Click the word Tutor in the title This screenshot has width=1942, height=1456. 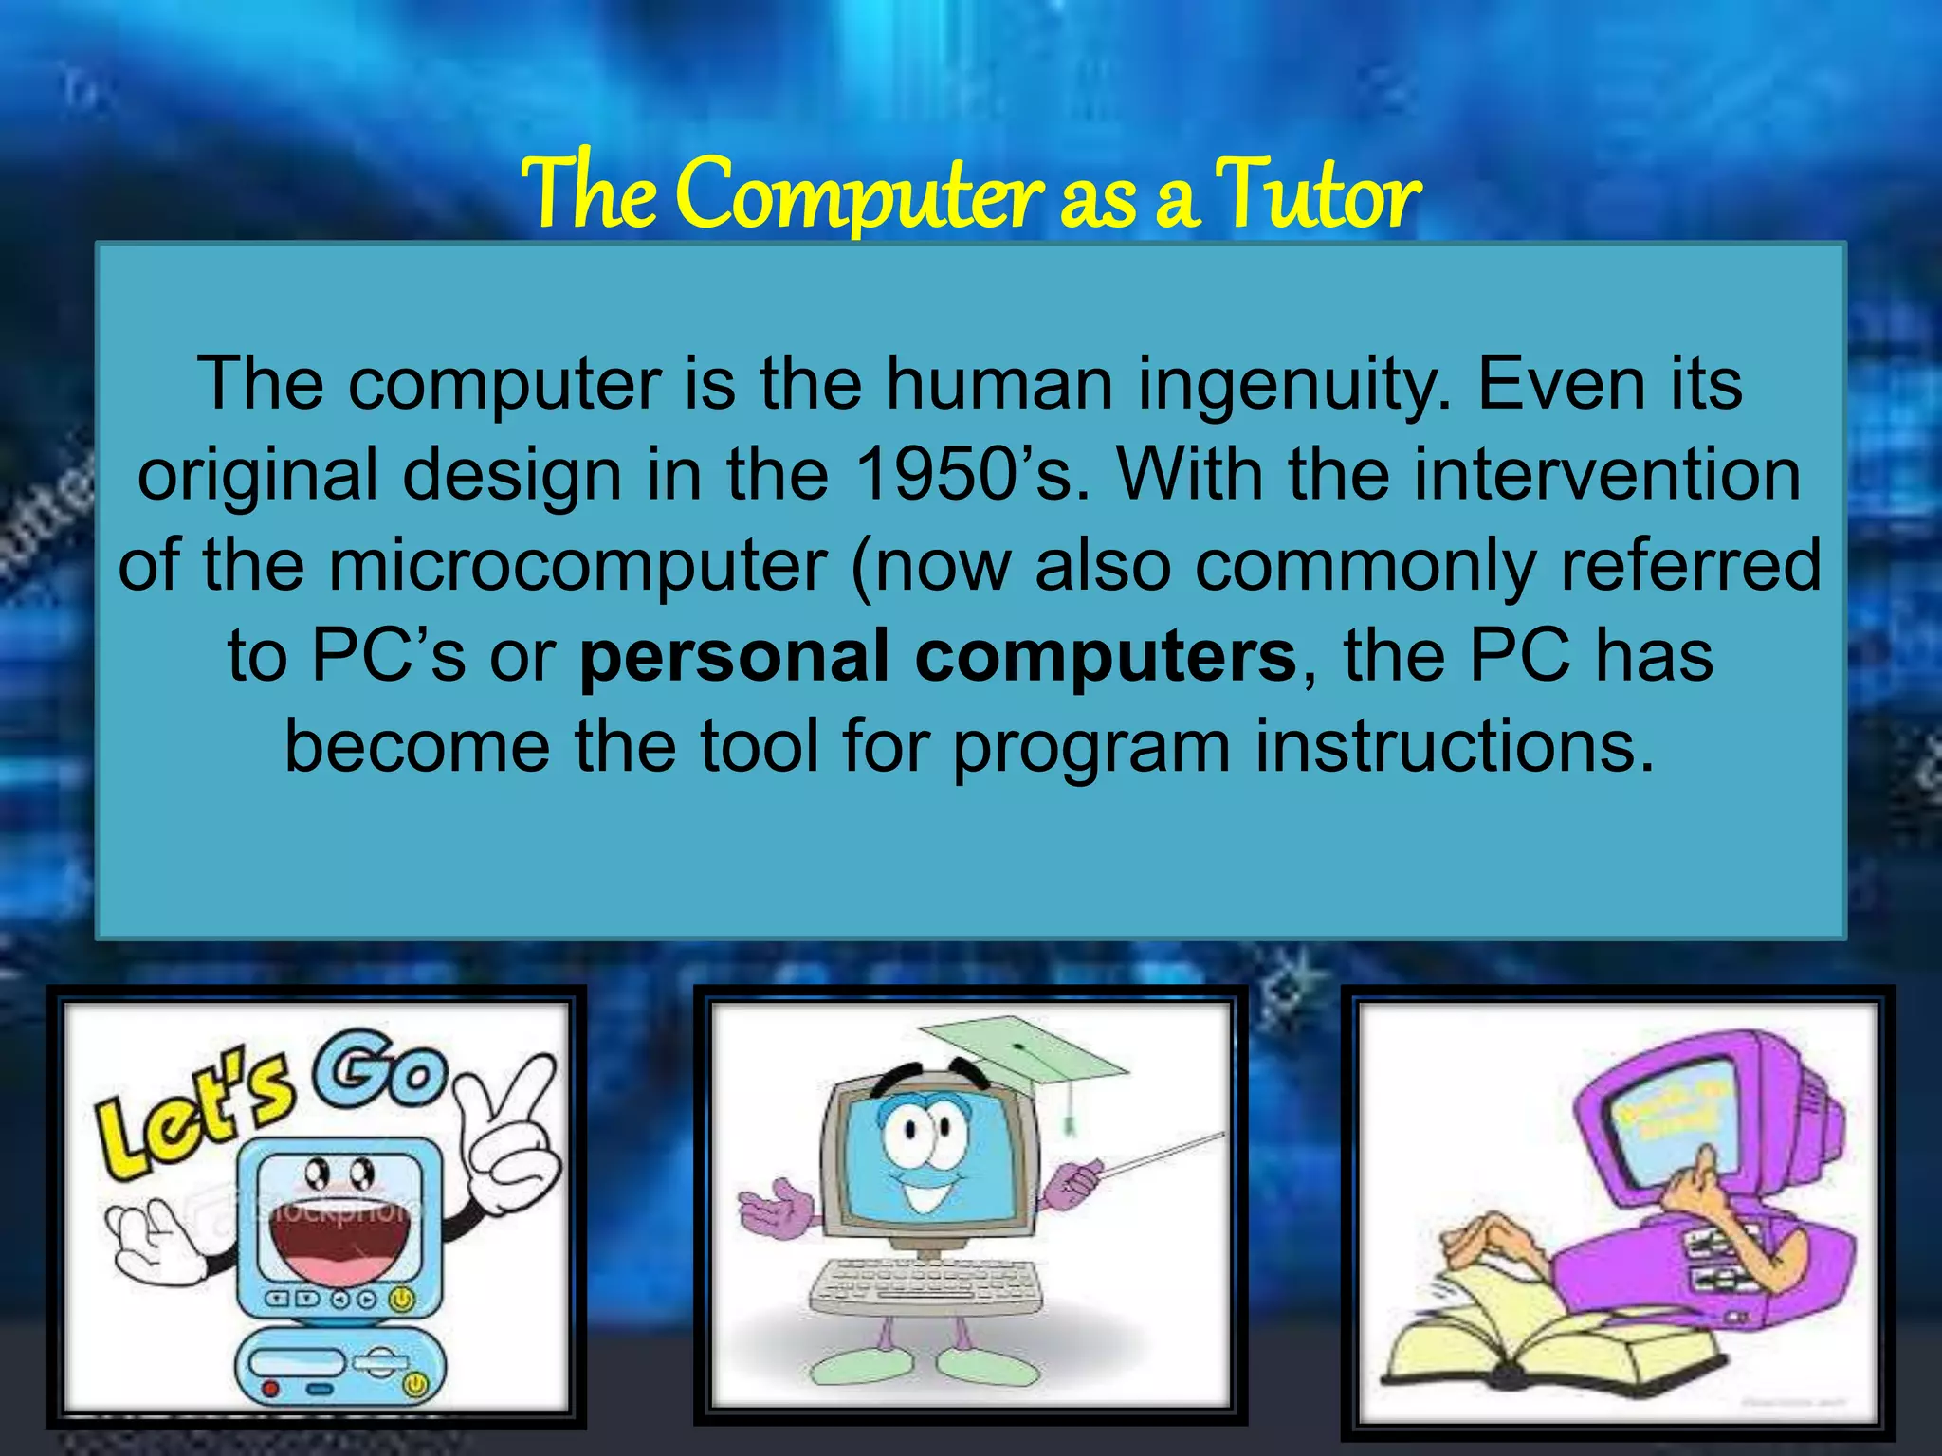1318,194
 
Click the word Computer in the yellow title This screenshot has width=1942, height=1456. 858,194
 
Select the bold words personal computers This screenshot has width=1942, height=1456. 937,656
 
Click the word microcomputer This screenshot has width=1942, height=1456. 578,566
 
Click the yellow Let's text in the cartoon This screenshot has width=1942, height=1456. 194,1114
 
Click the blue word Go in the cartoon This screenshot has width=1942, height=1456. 379,1071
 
